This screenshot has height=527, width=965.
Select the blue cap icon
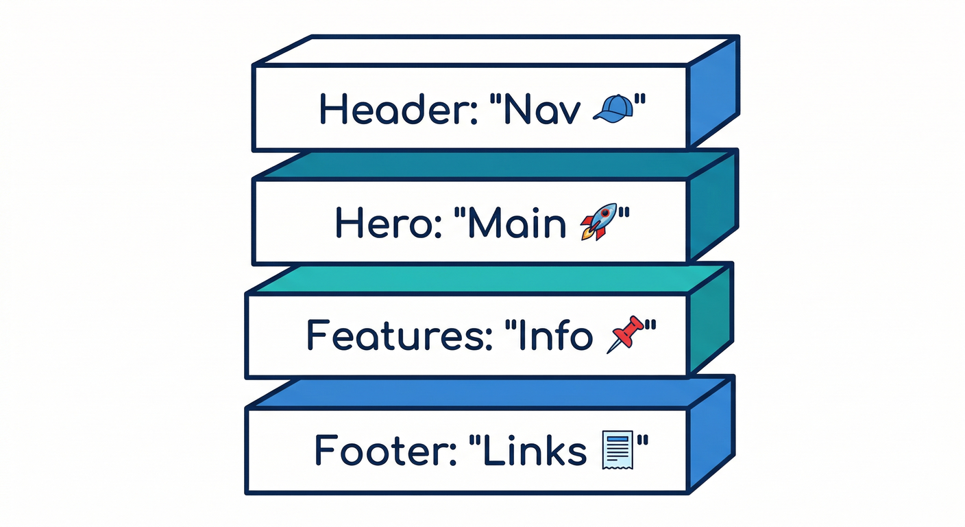611,108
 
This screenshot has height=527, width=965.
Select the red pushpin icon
626,333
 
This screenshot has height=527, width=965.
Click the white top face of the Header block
493,50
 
